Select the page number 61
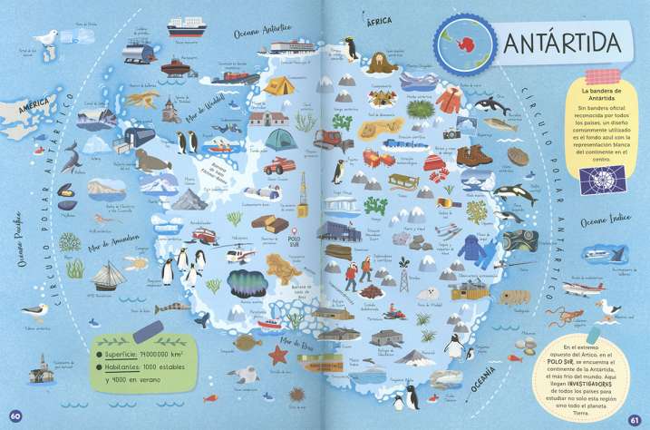click(635, 417)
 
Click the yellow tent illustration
click(278, 87)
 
